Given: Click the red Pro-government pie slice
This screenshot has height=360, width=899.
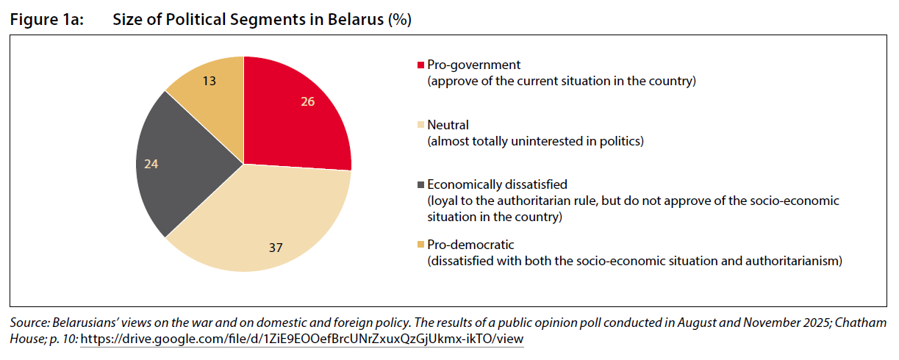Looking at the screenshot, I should click(x=294, y=118).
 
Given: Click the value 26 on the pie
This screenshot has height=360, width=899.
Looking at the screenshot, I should click(x=308, y=101).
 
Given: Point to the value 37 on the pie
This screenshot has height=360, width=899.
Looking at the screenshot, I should click(x=276, y=248).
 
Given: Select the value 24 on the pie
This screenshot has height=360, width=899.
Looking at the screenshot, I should click(x=151, y=165).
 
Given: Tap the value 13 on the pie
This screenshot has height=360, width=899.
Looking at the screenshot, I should click(x=209, y=81).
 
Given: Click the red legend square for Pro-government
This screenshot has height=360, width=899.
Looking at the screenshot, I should click(x=420, y=65).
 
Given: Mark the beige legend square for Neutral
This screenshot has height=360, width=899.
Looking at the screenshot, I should click(x=420, y=126).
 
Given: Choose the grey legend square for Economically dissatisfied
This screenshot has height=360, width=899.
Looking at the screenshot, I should click(x=420, y=185).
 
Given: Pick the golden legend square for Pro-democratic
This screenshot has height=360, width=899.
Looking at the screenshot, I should click(x=420, y=245).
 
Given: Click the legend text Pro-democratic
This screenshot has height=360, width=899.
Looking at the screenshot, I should click(x=470, y=245).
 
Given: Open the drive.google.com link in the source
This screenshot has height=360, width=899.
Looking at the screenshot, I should click(x=301, y=340).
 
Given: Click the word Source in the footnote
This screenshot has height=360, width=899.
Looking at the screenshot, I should click(x=27, y=323).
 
